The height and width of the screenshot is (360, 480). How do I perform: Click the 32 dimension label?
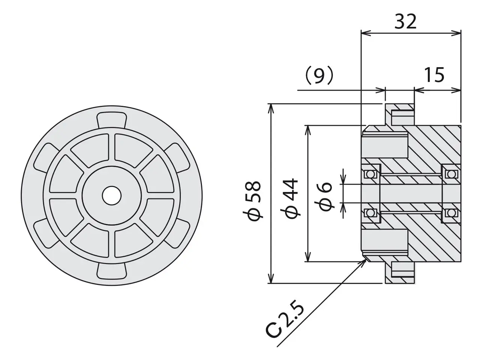[405, 22]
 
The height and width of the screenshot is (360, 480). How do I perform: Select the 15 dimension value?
[434, 75]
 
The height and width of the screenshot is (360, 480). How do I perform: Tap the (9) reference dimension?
[319, 75]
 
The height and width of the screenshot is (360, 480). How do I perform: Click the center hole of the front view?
[111, 196]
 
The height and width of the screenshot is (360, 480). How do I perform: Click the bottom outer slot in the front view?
[111, 271]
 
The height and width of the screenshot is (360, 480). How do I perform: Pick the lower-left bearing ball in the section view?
[370, 213]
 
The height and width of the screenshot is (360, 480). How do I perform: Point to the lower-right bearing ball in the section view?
[451, 213]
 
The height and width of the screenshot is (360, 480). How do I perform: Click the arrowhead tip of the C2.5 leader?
[366, 259]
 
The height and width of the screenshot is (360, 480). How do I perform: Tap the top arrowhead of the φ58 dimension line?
[271, 104]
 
